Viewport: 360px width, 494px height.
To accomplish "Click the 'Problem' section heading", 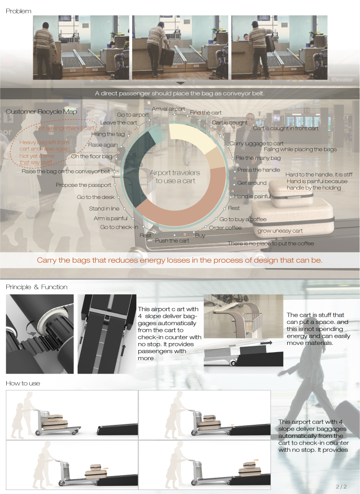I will pyautogui.click(x=18, y=11).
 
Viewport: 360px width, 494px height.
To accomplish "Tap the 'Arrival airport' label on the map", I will pyautogui.click(x=169, y=109).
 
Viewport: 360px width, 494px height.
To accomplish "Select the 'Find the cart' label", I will pyautogui.click(x=206, y=113).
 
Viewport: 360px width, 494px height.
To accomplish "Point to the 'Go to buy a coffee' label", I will pyautogui.click(x=243, y=219).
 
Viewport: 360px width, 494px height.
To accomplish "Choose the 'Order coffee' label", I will pyautogui.click(x=225, y=228).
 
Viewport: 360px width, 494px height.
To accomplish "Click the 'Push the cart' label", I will pyautogui.click(x=172, y=241).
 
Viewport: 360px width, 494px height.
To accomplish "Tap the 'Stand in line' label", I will pyautogui.click(x=104, y=208).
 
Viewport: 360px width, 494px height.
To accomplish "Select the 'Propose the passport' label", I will pyautogui.click(x=78, y=185).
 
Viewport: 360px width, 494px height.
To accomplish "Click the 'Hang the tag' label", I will pyautogui.click(x=108, y=134).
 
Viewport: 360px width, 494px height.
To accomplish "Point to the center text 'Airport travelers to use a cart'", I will pyautogui.click(x=175, y=176).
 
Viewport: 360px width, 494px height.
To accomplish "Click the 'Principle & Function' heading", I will pyautogui.click(x=36, y=287).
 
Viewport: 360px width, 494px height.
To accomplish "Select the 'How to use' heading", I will pyautogui.click(x=23, y=383).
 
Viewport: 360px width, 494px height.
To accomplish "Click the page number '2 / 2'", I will pyautogui.click(x=341, y=486).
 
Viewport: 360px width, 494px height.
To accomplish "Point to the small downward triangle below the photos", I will pyautogui.click(x=180, y=84).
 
